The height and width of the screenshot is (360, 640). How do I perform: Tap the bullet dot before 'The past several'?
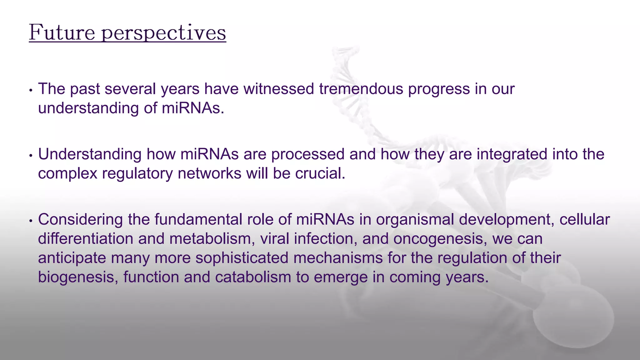click(x=31, y=91)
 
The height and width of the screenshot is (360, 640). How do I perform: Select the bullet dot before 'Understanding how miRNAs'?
click(x=31, y=156)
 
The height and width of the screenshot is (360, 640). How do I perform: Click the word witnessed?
click(x=279, y=89)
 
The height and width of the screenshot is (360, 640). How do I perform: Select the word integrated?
click(x=512, y=154)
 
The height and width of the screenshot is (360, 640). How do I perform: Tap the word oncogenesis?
click(x=440, y=239)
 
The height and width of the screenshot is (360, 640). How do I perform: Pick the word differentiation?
click(x=86, y=239)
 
